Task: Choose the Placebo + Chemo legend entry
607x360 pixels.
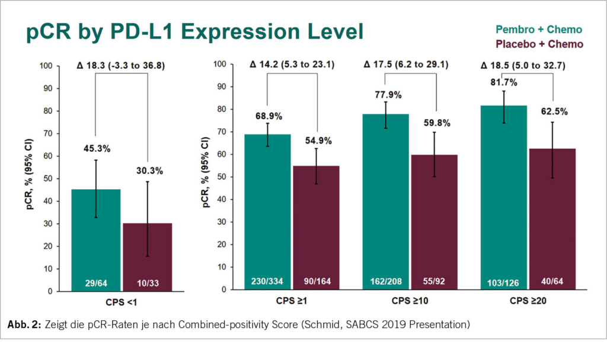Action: pyautogui.click(x=538, y=44)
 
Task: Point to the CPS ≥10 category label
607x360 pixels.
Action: pyautogui.click(x=410, y=301)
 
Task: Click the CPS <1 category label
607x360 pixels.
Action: pyautogui.click(x=122, y=302)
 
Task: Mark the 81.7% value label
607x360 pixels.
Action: pyautogui.click(x=503, y=82)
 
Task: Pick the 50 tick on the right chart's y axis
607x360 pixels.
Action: pyautogui.click(x=223, y=177)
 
